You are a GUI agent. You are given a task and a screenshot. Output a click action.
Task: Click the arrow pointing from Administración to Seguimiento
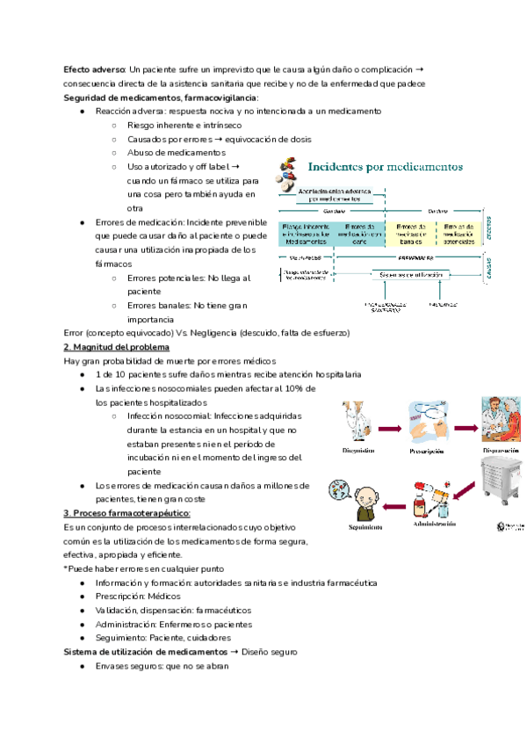pyautogui.click(x=394, y=502)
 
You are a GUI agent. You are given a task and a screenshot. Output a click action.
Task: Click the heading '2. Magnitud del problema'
pyautogui.click(x=116, y=348)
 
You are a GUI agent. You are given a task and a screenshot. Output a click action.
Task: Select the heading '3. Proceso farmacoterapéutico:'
pyautogui.click(x=126, y=513)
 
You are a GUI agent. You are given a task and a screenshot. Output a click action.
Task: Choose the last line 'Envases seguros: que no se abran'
pyautogui.click(x=162, y=667)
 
